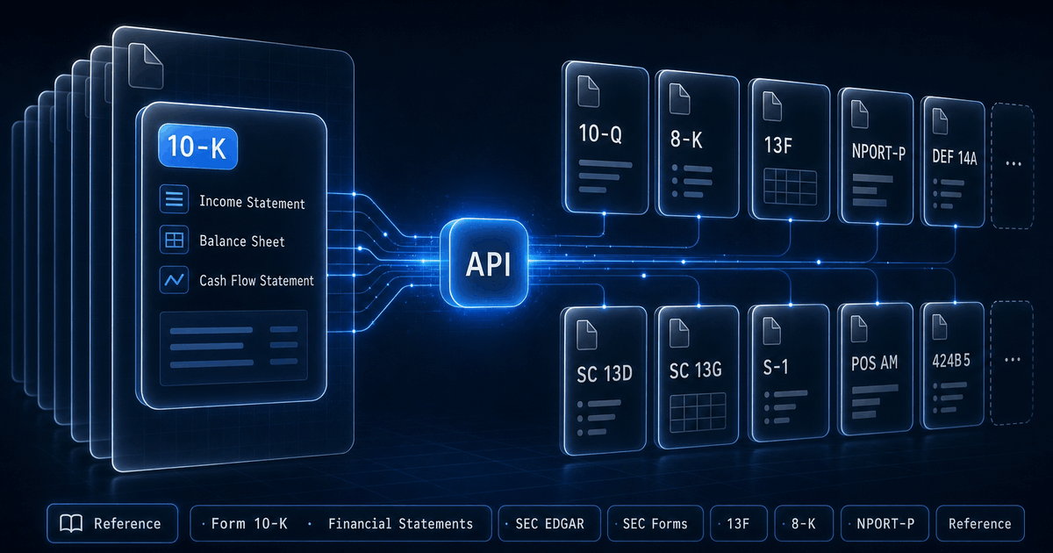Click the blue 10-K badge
click(x=198, y=147)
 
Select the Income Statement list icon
click(x=174, y=199)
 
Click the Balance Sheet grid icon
click(x=174, y=240)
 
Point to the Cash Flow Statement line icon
click(x=174, y=280)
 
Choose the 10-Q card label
click(x=600, y=133)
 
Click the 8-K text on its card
click(x=686, y=140)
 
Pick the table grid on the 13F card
click(x=791, y=186)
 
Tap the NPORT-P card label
click(x=878, y=152)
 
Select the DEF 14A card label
click(x=955, y=157)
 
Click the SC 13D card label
click(x=605, y=374)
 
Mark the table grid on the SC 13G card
click(x=698, y=413)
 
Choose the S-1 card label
click(x=775, y=367)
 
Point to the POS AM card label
click(x=874, y=363)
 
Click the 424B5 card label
click(x=951, y=361)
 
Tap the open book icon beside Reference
click(x=71, y=523)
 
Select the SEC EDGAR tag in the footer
click(x=549, y=524)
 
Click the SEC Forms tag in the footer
click(x=655, y=524)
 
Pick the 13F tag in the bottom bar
click(x=739, y=524)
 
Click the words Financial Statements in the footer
click(x=400, y=524)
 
